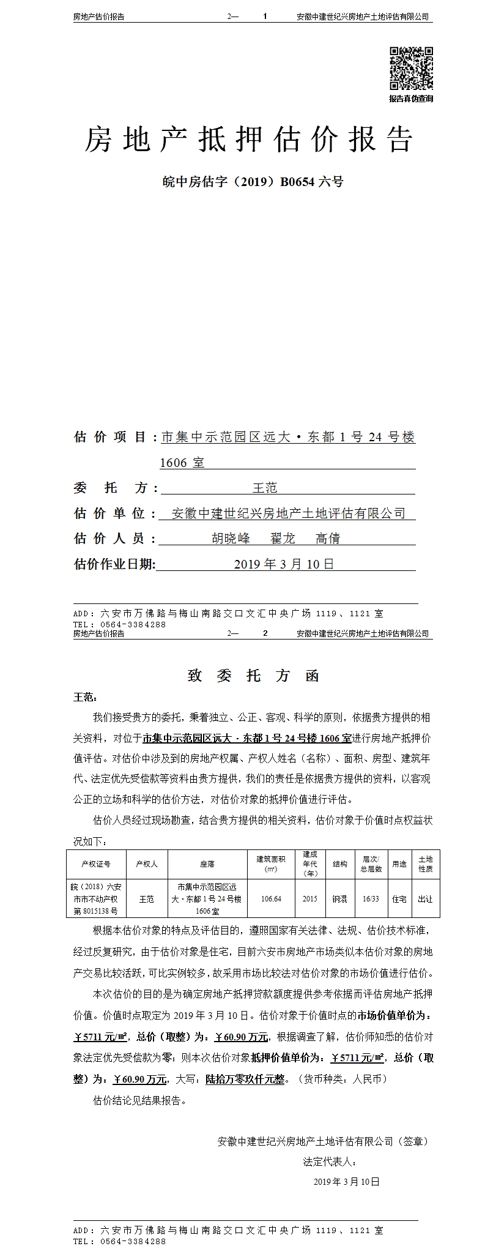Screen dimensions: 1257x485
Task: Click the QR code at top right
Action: (411, 68)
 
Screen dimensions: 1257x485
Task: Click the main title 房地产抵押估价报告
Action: (248, 140)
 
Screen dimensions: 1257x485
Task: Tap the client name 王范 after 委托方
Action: (265, 488)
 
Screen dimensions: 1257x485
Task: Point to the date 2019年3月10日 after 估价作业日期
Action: (284, 564)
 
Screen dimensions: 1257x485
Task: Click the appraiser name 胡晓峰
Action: (231, 539)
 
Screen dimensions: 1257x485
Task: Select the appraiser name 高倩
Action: (328, 539)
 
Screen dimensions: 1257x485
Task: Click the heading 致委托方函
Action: (253, 676)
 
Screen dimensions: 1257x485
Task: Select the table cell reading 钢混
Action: (339, 899)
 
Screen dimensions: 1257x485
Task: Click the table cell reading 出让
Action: (425, 899)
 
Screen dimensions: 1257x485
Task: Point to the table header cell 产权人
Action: (147, 864)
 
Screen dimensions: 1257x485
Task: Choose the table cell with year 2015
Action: (310, 899)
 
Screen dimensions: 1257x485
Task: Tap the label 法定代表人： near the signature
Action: (329, 1162)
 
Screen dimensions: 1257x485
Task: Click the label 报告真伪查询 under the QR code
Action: (411, 99)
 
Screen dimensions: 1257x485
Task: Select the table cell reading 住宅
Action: (399, 899)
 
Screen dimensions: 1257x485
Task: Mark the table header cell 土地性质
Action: (425, 863)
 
